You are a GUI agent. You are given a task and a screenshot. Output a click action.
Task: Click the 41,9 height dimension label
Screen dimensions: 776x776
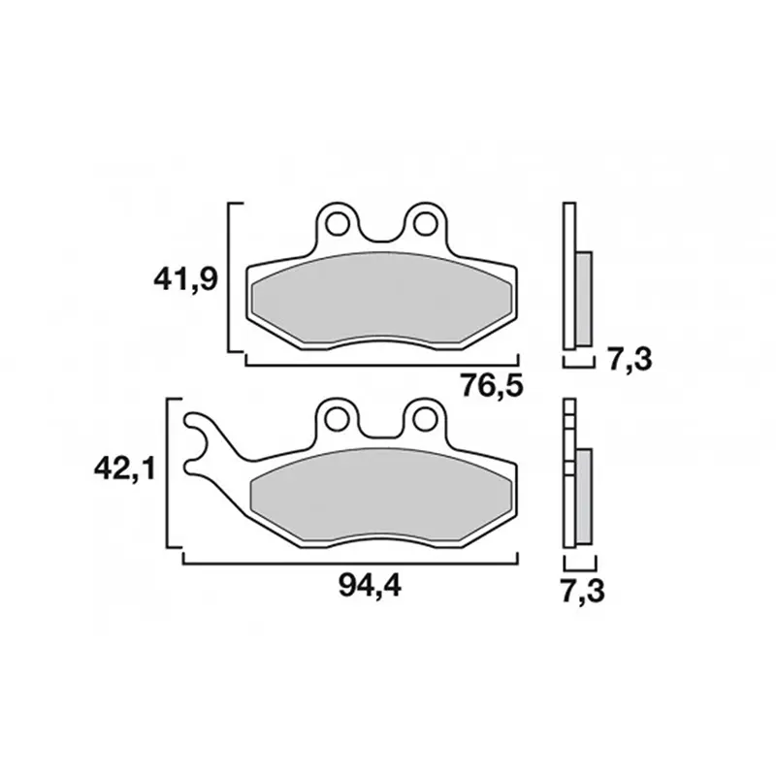(185, 280)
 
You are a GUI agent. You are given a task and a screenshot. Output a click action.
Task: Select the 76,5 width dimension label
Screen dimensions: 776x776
(492, 384)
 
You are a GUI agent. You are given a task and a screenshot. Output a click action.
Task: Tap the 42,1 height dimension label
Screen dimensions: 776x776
(125, 469)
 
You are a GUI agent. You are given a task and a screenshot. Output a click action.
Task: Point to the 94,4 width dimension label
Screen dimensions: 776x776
(370, 587)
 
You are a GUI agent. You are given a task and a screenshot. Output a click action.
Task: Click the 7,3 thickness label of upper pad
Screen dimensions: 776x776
(630, 359)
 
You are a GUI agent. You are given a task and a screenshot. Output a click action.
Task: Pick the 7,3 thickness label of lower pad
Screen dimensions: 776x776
(583, 591)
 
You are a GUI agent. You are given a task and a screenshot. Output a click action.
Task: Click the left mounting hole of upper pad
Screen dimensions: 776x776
(336, 224)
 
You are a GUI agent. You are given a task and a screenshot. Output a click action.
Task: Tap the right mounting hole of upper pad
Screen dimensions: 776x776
(424, 224)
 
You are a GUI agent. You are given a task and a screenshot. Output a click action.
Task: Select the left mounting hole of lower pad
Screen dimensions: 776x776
(336, 419)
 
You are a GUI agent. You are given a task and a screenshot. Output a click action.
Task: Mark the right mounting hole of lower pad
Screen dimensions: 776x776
(424, 419)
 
